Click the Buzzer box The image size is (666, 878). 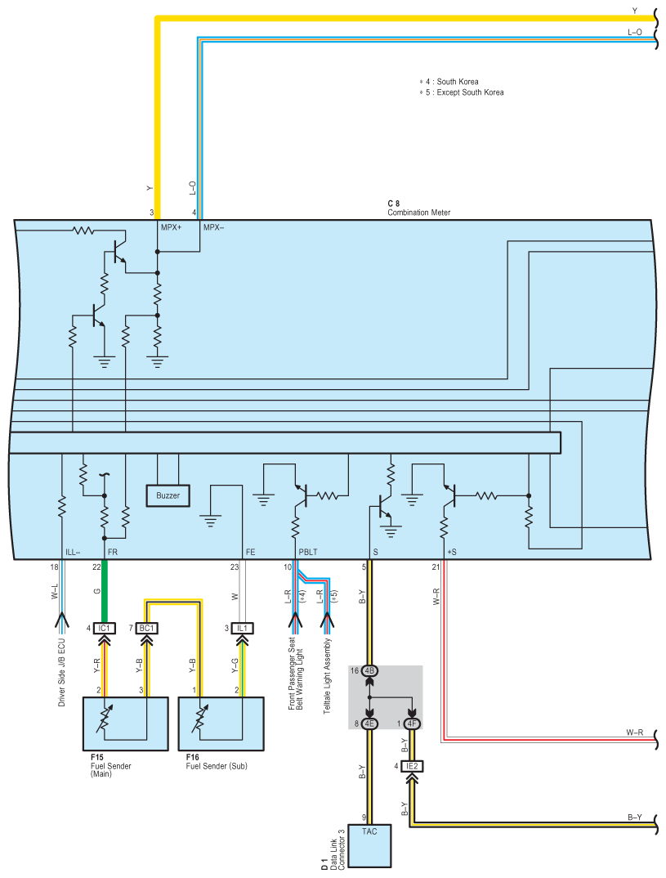tap(168, 495)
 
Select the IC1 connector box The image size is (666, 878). tap(104, 629)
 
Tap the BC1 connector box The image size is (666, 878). tap(148, 629)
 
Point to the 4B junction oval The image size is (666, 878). tap(369, 671)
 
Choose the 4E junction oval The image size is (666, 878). tap(369, 723)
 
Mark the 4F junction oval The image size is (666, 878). tap(413, 723)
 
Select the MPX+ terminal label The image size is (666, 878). tap(172, 227)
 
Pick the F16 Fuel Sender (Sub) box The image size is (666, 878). tap(221, 723)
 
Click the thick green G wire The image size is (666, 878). tap(104, 593)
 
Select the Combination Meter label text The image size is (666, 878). tap(418, 213)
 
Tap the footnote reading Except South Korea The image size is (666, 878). tap(463, 92)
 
